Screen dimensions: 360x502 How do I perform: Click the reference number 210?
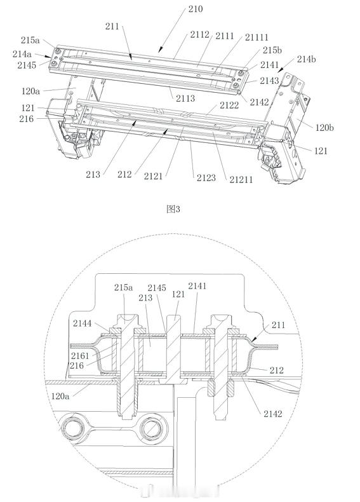[195, 9]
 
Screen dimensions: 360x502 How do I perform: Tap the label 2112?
[199, 34]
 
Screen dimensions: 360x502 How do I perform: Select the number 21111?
[257, 37]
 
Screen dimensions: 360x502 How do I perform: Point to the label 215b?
[272, 50]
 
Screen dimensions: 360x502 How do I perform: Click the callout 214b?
[307, 59]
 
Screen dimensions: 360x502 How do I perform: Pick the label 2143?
[269, 81]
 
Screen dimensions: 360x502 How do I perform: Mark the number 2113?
[185, 98]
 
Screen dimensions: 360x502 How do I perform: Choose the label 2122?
[229, 105]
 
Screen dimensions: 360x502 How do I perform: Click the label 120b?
[325, 128]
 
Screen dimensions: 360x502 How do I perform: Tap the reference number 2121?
[153, 176]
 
